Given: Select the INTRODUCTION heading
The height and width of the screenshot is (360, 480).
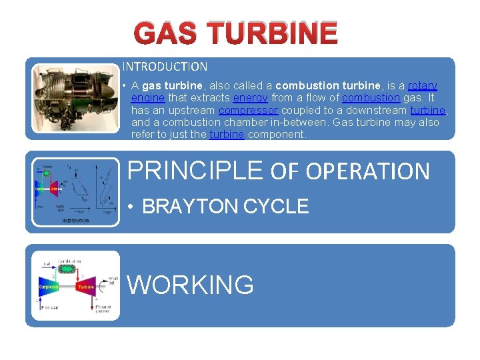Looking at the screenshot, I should (165, 67).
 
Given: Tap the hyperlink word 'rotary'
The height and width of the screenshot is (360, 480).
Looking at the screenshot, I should (422, 86).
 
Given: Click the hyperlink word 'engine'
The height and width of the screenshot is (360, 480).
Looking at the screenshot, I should (147, 98).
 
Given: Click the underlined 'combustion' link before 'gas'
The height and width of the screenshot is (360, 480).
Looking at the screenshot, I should (371, 98).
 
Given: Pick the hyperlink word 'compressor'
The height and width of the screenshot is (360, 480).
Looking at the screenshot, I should (248, 110).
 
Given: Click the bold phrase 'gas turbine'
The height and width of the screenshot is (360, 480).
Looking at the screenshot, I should (172, 86).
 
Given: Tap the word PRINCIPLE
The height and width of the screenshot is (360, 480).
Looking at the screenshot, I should (195, 171).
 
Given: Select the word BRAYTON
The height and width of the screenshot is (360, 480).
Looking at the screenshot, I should (191, 207).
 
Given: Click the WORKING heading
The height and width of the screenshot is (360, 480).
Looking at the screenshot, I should (191, 285).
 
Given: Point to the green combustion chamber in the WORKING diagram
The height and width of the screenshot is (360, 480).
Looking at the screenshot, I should (67, 269).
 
